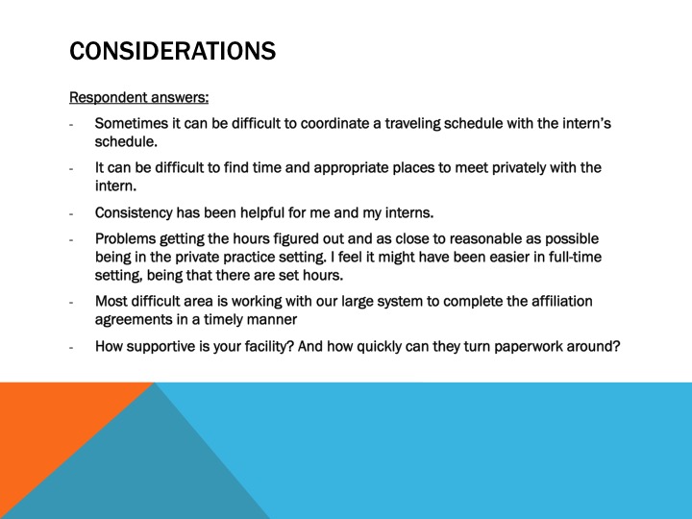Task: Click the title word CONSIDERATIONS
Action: [173, 49]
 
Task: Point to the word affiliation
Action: [561, 301]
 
